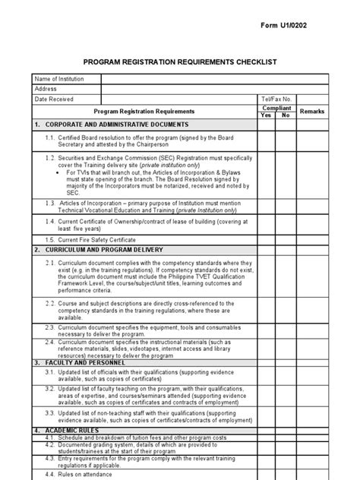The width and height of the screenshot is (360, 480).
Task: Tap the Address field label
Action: click(46, 89)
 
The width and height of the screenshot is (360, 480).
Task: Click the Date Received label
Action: click(54, 99)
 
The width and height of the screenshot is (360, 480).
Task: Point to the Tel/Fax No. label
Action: click(276, 99)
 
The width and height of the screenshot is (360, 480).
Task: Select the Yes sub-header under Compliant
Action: click(266, 115)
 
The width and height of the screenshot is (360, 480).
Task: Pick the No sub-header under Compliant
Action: click(286, 115)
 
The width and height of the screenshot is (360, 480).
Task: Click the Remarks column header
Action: click(311, 112)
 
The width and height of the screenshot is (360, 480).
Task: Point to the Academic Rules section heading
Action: click(73, 431)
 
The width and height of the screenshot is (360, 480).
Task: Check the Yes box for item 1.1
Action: click(266, 141)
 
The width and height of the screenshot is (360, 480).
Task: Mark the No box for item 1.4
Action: click(286, 224)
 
